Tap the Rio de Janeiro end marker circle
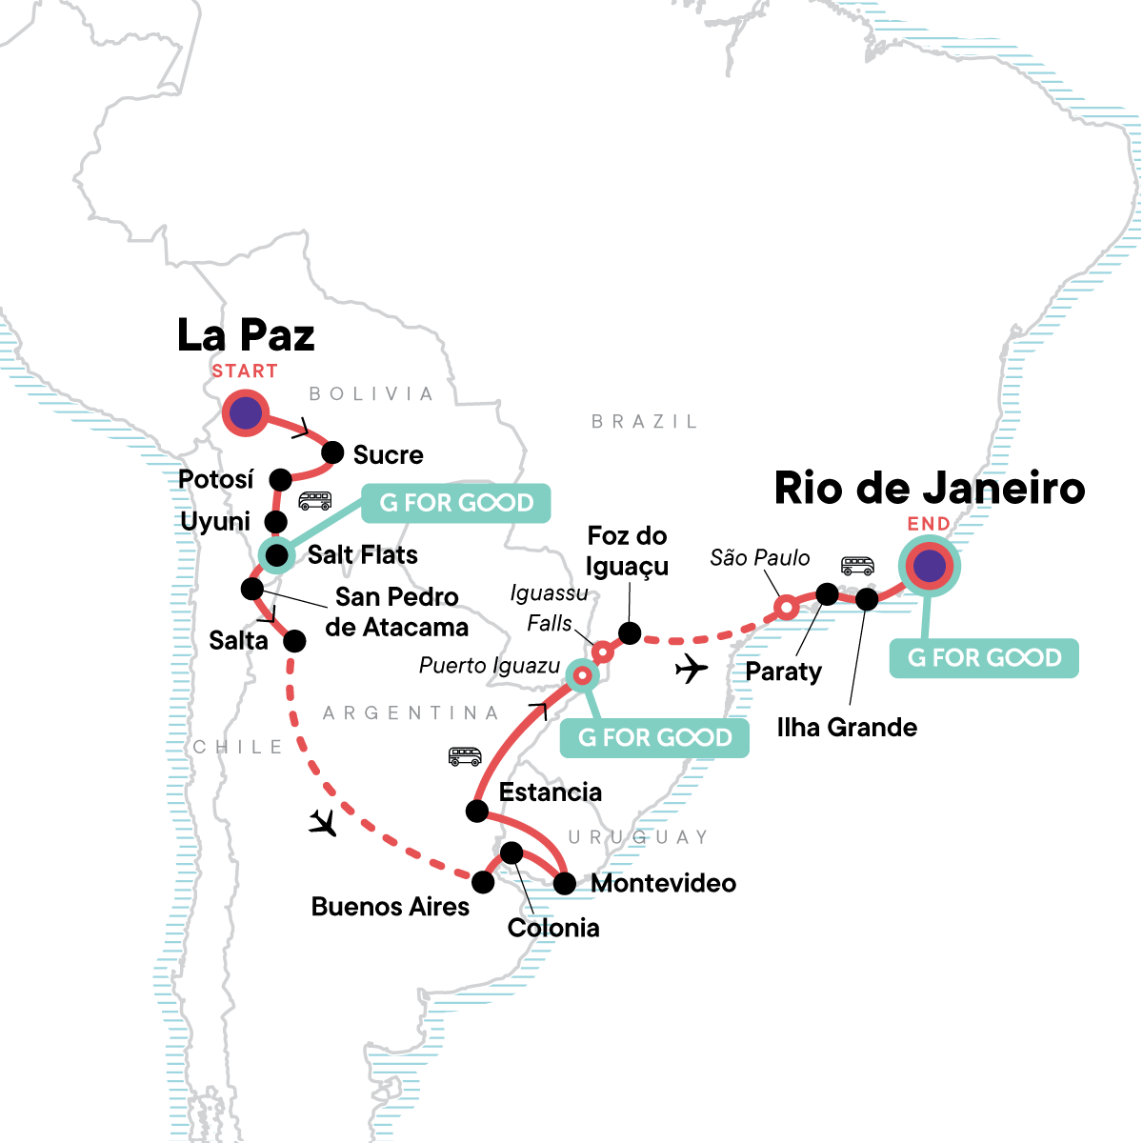pos(929,567)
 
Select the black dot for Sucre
pos(332,451)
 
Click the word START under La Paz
pos(245,371)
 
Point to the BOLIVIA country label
pos(371,393)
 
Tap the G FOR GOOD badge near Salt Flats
pos(456,503)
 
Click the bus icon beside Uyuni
pos(314,500)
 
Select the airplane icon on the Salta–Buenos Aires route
pos(324,823)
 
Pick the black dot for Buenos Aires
pos(483,882)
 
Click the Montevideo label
pos(663,883)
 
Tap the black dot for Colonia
pos(511,852)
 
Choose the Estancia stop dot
pos(476,812)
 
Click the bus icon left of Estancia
pos(465,756)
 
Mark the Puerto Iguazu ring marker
pos(581,675)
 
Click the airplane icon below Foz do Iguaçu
pos(692,670)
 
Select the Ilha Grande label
pos(847,728)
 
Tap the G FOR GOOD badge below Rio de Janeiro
pos(984,658)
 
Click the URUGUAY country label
pos(638,837)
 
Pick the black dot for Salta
pos(294,641)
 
